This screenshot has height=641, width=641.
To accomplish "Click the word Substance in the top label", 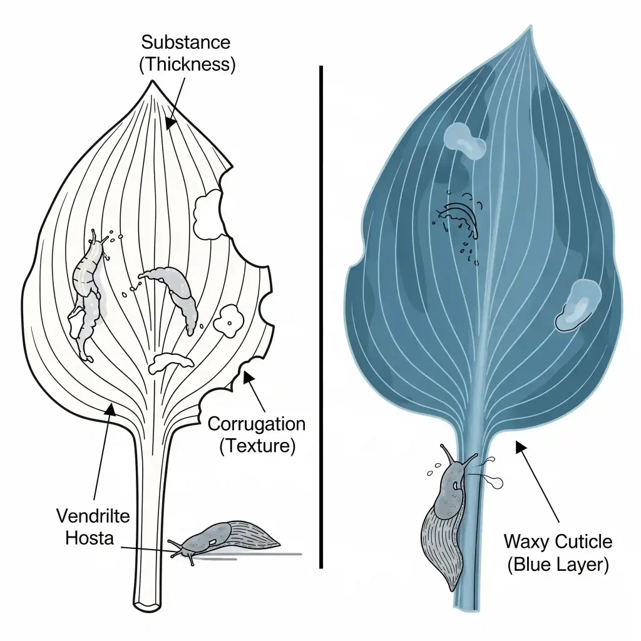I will pos(185,43).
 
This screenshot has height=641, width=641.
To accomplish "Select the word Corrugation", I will pos(256,424).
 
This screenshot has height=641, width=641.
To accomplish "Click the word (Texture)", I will pos(256,446).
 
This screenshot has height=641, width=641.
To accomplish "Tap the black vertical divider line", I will pos(321,313).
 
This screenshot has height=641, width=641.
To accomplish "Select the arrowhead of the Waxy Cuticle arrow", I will pos(517,445).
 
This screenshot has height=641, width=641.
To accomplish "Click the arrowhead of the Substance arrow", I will pos(169,124).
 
